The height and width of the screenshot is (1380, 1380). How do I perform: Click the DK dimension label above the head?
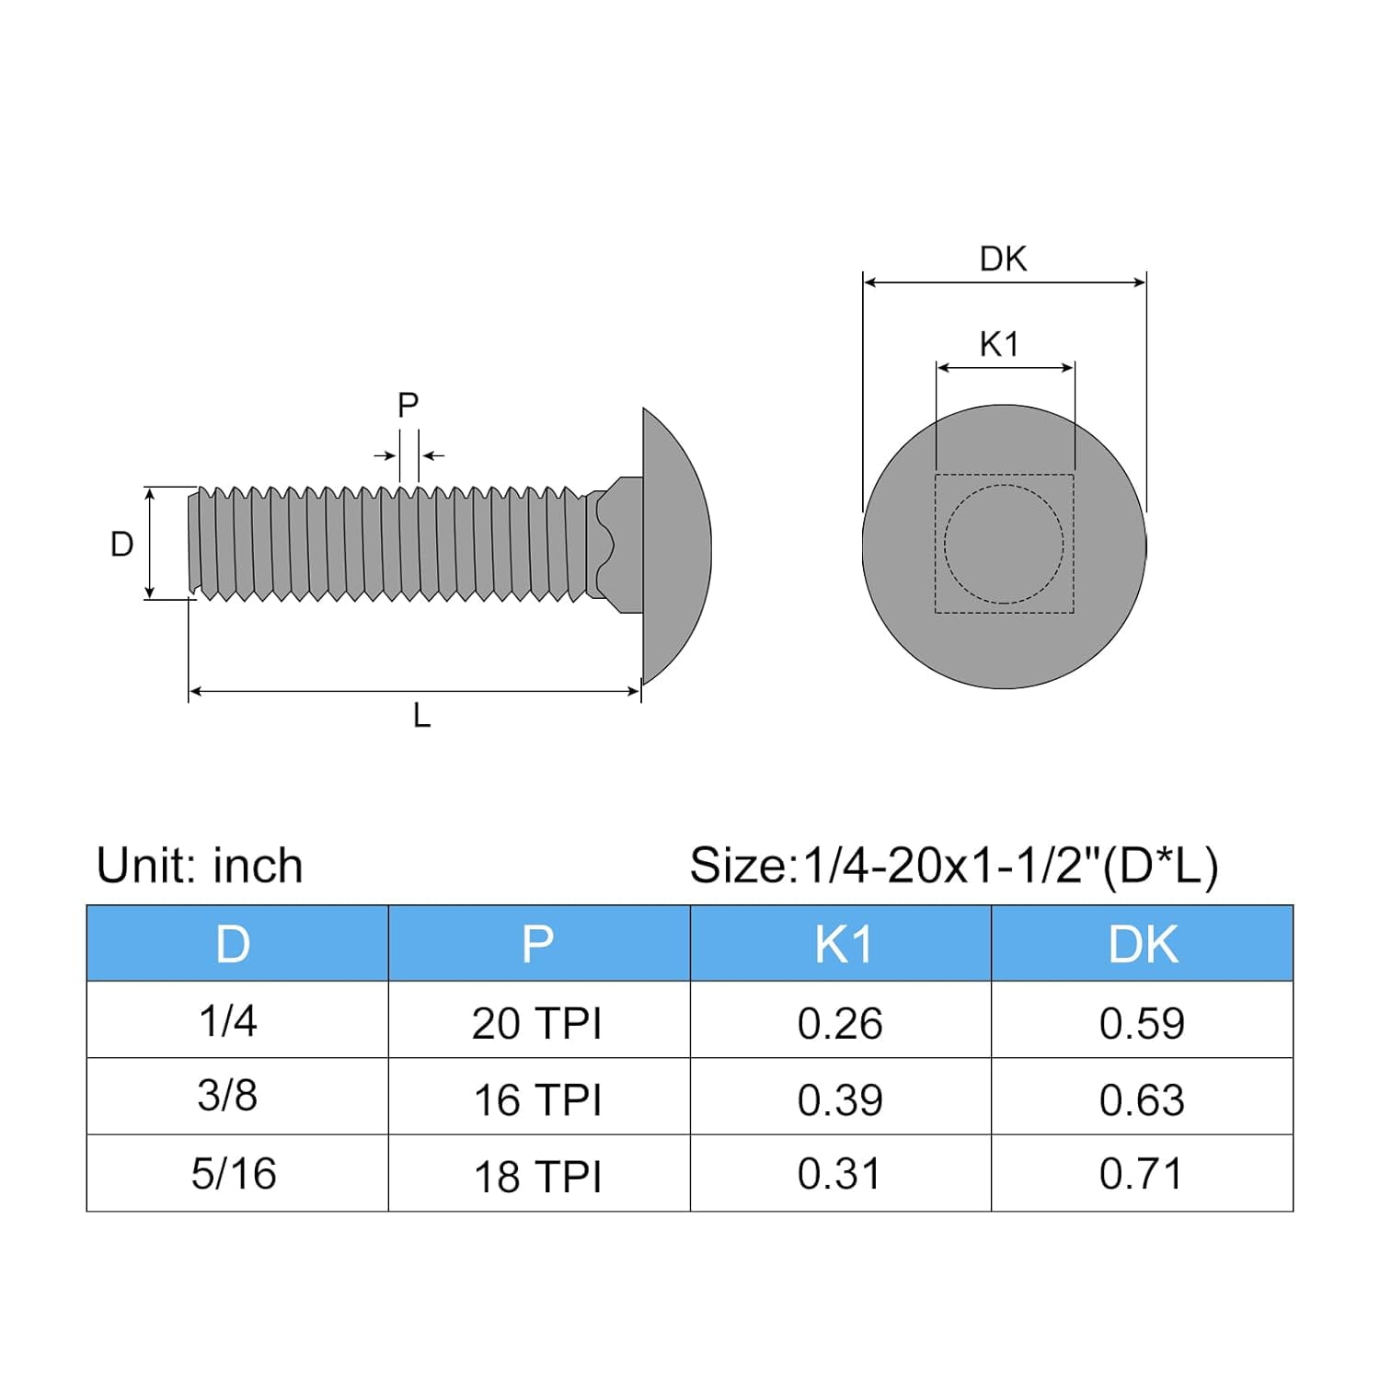click(1003, 259)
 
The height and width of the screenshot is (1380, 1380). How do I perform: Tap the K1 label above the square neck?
click(999, 345)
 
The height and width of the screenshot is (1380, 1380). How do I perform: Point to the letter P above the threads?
click(408, 405)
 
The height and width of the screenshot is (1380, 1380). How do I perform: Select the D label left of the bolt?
click(121, 545)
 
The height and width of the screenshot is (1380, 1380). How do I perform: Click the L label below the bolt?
click(421, 716)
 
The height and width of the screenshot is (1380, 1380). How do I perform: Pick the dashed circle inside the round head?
click(1004, 544)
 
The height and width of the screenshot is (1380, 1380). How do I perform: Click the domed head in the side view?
click(676, 546)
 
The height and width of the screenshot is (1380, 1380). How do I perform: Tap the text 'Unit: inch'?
click(200, 866)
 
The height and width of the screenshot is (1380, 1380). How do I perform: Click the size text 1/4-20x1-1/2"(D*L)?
click(954, 866)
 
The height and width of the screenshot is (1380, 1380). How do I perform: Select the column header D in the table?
click(233, 944)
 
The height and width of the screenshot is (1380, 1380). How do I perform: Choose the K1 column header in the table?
click(842, 944)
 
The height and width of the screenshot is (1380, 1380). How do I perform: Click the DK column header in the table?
click(1143, 944)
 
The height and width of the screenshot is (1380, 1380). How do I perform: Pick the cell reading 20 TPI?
click(537, 1023)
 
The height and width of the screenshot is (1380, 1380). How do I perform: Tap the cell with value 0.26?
click(840, 1023)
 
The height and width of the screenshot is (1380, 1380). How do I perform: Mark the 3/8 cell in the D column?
click(227, 1096)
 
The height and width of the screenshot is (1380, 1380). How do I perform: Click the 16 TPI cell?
click(537, 1099)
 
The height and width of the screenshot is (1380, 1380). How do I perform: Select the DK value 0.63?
click(1142, 1099)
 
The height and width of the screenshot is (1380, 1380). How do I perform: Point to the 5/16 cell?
click(234, 1174)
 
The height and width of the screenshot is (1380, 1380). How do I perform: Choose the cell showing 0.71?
click(1141, 1174)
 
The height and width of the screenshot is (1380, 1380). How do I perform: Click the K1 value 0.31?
click(839, 1174)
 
